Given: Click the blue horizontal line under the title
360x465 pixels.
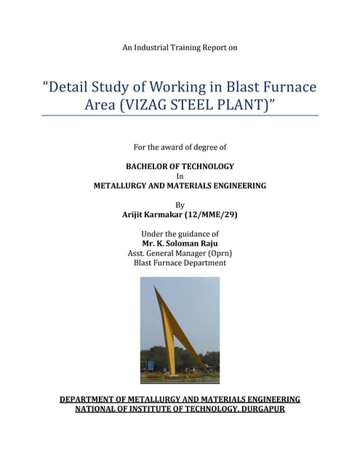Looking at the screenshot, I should (180, 116).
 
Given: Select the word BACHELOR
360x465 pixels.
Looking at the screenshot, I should (149, 166).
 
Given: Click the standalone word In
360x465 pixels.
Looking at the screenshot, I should (180, 176).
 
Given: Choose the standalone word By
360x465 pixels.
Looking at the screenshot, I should (180, 205).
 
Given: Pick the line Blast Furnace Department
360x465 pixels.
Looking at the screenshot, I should (180, 262).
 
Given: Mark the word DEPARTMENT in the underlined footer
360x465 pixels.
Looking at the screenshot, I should (91, 400).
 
